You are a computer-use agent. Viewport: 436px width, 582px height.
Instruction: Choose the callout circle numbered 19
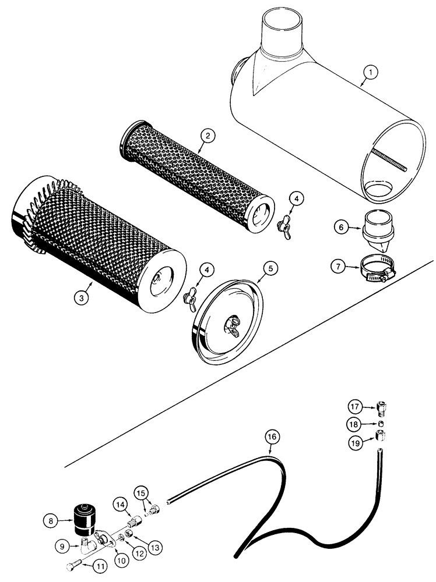356,442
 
